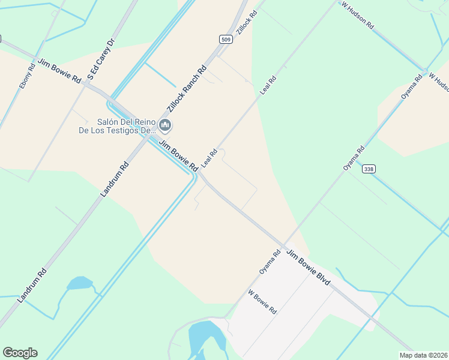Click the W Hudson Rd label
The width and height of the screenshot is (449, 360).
coord(358,16)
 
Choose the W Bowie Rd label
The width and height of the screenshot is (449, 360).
coord(262,303)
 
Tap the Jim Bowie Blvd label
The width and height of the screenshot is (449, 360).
coord(308,267)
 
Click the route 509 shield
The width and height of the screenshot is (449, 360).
coord(225,39)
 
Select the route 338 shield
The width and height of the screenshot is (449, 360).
coord(369,170)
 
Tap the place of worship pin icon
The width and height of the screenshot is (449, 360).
coord(165,125)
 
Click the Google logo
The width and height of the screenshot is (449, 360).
coord(20,353)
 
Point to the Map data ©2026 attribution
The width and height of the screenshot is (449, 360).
coord(424,355)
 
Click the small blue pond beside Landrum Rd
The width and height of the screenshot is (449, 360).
coord(79,283)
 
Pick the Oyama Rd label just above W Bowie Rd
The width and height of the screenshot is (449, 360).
coord(270,262)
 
